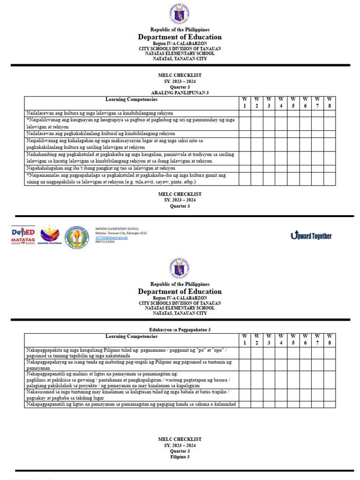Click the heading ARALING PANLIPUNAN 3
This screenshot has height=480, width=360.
pyautogui.click(x=180, y=93)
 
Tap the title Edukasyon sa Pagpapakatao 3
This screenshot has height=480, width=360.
pyautogui.click(x=180, y=330)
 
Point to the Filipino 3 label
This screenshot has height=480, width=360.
pyautogui.click(x=180, y=457)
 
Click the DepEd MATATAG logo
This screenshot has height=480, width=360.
pyautogui.click(x=23, y=235)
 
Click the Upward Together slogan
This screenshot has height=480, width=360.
pyautogui.click(x=311, y=235)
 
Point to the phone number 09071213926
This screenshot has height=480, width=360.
pyautogui.click(x=105, y=242)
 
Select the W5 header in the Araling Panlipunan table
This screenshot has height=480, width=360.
pyautogui.click(x=293, y=103)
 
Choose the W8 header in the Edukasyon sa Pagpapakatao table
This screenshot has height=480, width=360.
pyautogui.click(x=330, y=340)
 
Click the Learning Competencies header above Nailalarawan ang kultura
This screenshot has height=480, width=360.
pyautogui.click(x=131, y=99)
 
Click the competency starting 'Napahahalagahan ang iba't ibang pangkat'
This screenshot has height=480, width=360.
pyautogui.click(x=101, y=168)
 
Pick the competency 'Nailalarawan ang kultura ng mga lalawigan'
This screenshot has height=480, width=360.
pyautogui.click(x=100, y=113)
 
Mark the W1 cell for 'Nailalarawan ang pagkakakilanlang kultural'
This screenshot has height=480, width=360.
pyautogui.click(x=244, y=134)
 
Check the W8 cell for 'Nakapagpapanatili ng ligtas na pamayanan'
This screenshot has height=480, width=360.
pyautogui.click(x=330, y=405)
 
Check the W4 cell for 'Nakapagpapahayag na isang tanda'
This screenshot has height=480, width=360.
pyautogui.click(x=281, y=365)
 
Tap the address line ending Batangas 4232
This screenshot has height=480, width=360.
pyautogui.click(x=121, y=233)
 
